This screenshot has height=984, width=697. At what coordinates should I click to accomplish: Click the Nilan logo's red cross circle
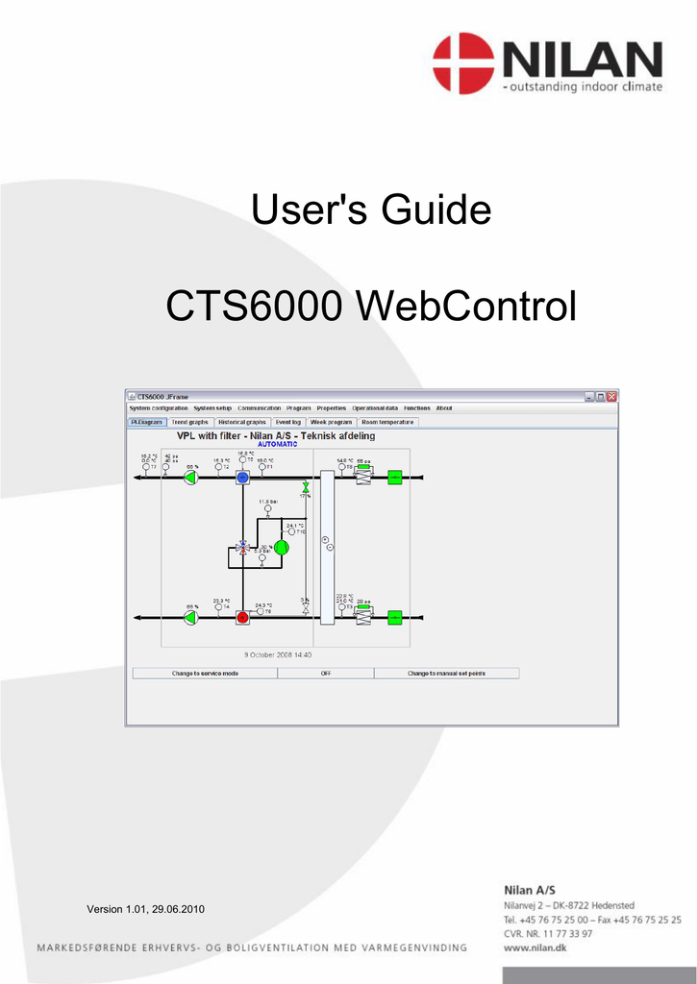(x=463, y=62)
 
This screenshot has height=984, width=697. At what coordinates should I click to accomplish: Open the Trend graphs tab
(x=189, y=422)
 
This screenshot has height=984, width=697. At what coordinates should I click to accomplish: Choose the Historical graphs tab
(x=242, y=422)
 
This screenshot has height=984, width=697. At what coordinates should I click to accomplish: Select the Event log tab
(x=288, y=422)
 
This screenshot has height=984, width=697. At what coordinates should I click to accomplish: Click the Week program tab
(x=332, y=422)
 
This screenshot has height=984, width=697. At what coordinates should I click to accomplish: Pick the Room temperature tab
(x=387, y=422)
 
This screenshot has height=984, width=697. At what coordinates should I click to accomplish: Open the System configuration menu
(x=159, y=408)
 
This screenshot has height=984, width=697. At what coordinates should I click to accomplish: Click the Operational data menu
(x=375, y=408)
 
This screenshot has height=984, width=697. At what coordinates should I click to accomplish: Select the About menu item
(x=444, y=408)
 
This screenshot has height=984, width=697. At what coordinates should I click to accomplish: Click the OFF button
(x=326, y=674)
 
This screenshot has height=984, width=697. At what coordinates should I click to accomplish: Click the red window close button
(x=611, y=396)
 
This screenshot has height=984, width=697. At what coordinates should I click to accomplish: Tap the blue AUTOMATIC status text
(x=277, y=444)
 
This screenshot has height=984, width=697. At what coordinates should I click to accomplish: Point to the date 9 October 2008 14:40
(x=277, y=655)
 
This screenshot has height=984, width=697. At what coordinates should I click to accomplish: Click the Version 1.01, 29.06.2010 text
(x=145, y=909)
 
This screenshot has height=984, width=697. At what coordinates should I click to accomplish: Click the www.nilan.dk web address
(x=536, y=947)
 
